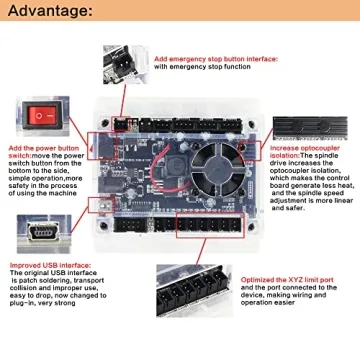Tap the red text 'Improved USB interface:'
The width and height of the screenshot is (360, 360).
pyautogui.click(x=45, y=267)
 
